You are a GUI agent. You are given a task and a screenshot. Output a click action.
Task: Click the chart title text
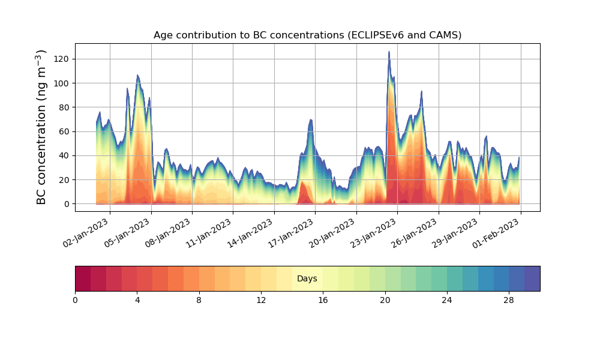[307, 35]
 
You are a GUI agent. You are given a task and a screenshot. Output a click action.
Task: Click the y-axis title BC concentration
[41, 127]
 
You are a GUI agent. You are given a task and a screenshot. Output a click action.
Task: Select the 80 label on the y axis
[64, 107]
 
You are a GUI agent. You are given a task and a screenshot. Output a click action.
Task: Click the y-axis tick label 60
[64, 131]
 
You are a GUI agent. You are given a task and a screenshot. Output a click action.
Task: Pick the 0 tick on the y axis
[66, 204]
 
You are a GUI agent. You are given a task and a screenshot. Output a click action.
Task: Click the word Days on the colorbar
[307, 279]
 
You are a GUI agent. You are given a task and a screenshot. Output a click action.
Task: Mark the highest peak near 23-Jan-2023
[389, 52]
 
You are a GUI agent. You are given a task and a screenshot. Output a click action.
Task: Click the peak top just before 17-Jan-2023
[311, 120]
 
